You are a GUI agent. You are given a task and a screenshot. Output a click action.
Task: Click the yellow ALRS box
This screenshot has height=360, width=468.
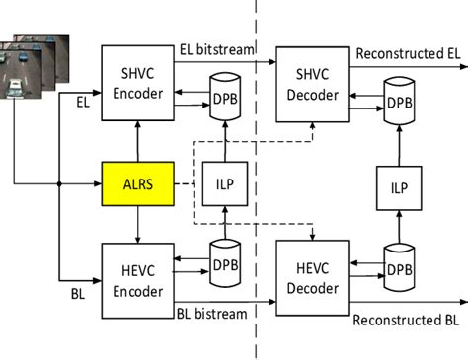tap(137, 183)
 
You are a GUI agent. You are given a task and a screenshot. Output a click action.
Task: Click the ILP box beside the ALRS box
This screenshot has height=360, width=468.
tap(224, 183)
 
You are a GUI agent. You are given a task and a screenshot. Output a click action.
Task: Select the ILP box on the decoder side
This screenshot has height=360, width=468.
tap(398, 183)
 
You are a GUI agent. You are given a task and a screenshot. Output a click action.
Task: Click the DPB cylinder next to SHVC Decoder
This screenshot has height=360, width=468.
tap(397, 99)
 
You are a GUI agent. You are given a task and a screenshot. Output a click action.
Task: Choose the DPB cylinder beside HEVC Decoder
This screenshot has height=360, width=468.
tap(397, 266)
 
